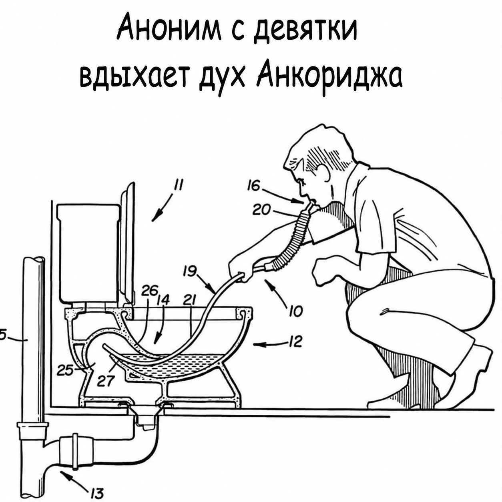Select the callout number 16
pyautogui.click(x=254, y=186)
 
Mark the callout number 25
pyautogui.click(x=66, y=371)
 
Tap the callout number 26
pyautogui.click(x=150, y=291)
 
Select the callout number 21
pyautogui.click(x=189, y=300)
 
